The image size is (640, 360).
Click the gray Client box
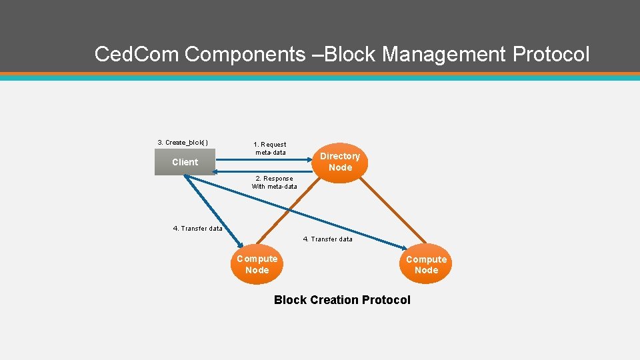click(185, 162)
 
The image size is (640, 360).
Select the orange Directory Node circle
click(340, 162)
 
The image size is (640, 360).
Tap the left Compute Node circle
click(257, 265)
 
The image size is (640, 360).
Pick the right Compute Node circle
click(426, 265)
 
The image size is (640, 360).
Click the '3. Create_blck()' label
click(183, 142)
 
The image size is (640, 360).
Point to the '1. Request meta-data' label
click(270, 148)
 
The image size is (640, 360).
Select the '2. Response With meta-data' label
click(274, 182)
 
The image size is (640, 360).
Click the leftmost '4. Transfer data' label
click(197, 228)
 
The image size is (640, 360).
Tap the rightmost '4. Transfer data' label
click(327, 239)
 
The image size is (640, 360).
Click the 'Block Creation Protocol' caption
click(342, 300)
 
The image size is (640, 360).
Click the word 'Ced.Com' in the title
click(137, 54)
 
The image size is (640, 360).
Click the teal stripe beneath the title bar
click(320, 77)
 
